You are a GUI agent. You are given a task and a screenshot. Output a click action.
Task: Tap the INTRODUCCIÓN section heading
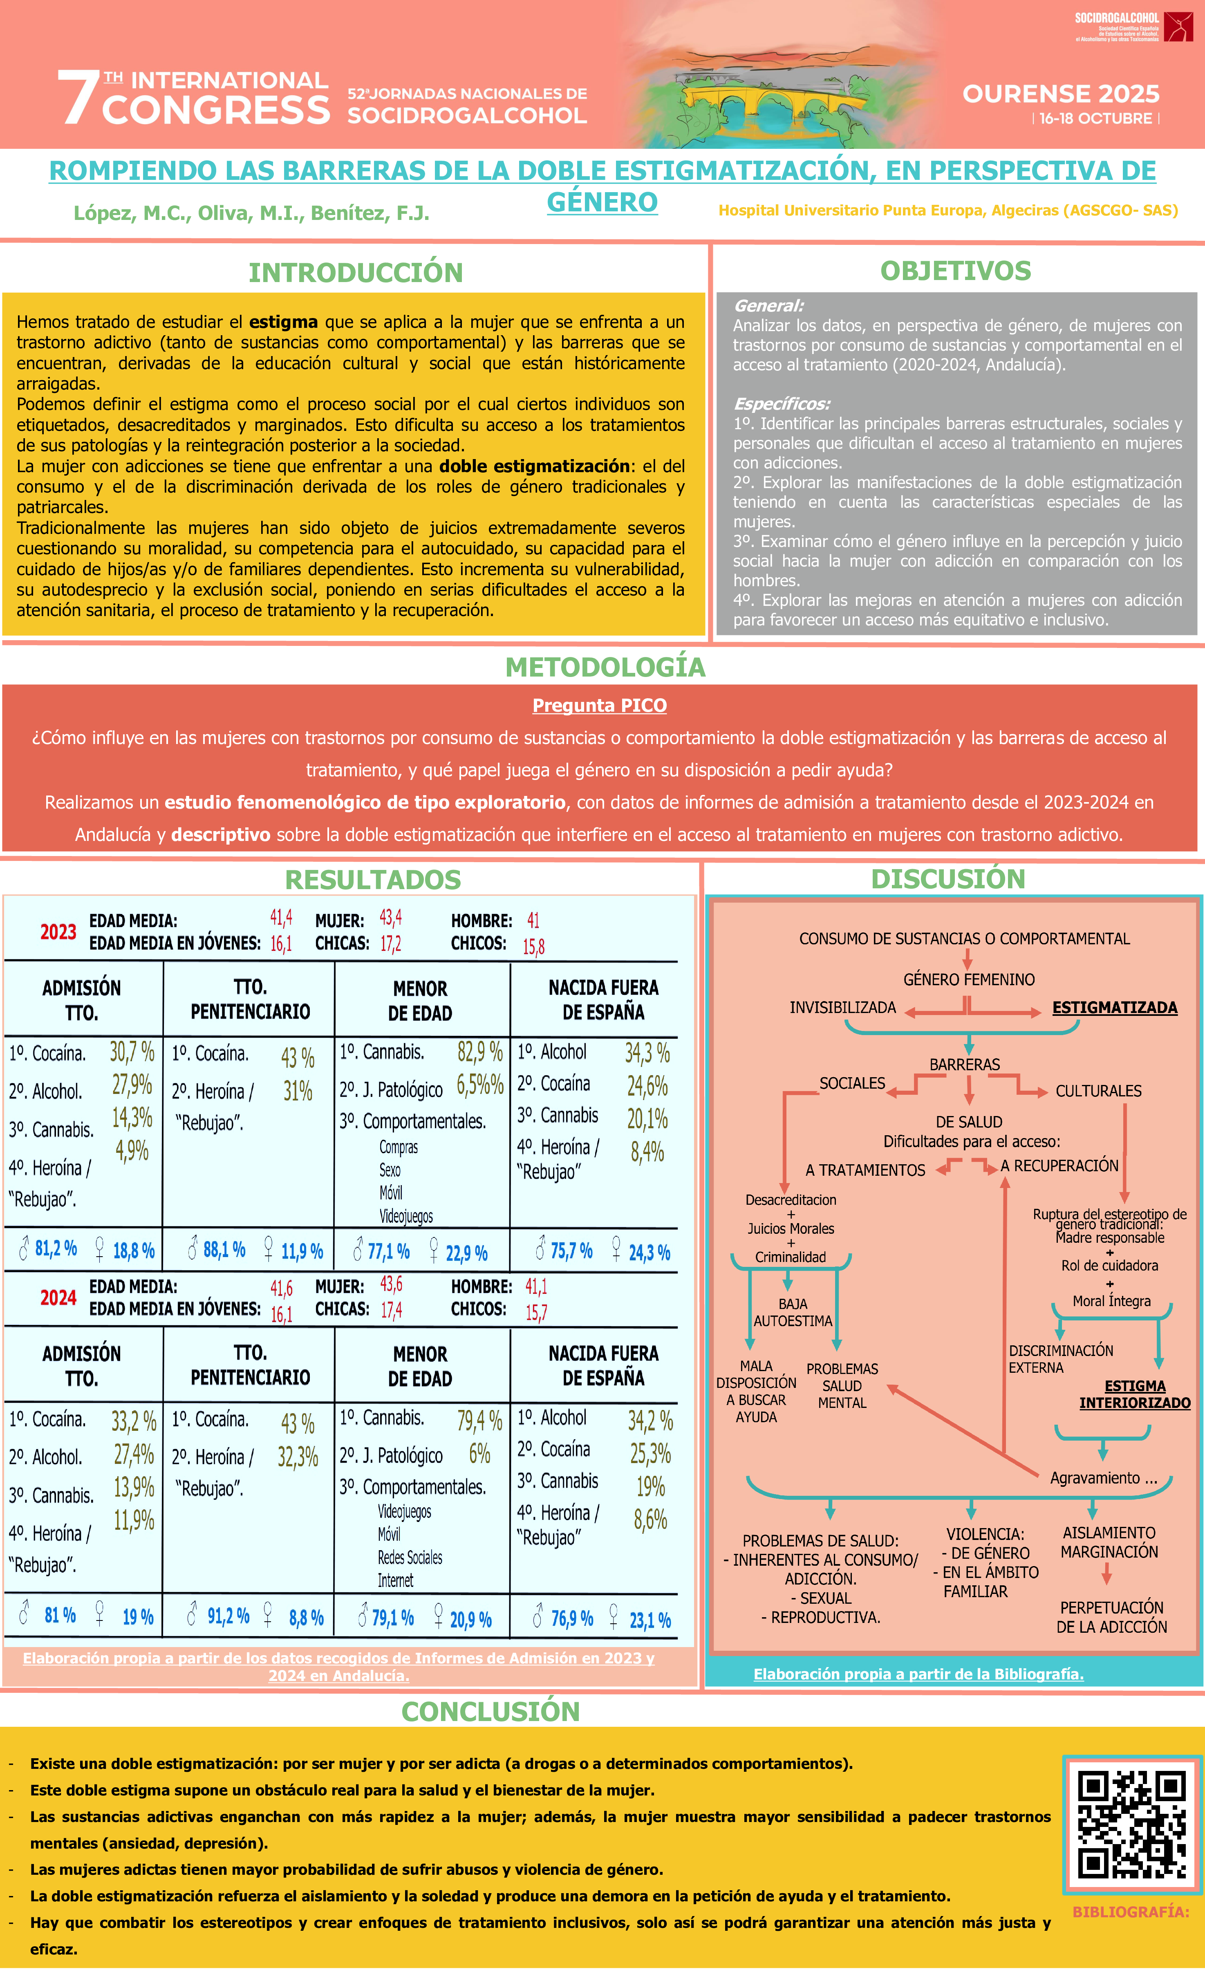[356, 273]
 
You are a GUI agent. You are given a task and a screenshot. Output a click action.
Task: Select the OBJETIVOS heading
[956, 271]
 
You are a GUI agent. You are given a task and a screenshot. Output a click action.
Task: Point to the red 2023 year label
[58, 932]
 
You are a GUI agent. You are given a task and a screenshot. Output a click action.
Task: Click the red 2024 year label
[58, 1298]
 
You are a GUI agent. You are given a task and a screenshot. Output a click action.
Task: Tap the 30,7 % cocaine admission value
[132, 1052]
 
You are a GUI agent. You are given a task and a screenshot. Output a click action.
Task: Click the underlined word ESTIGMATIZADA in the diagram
[1115, 1007]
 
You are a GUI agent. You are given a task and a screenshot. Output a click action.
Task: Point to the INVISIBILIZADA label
[843, 1007]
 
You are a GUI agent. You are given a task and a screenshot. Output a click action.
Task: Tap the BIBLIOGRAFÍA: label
[1131, 1912]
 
